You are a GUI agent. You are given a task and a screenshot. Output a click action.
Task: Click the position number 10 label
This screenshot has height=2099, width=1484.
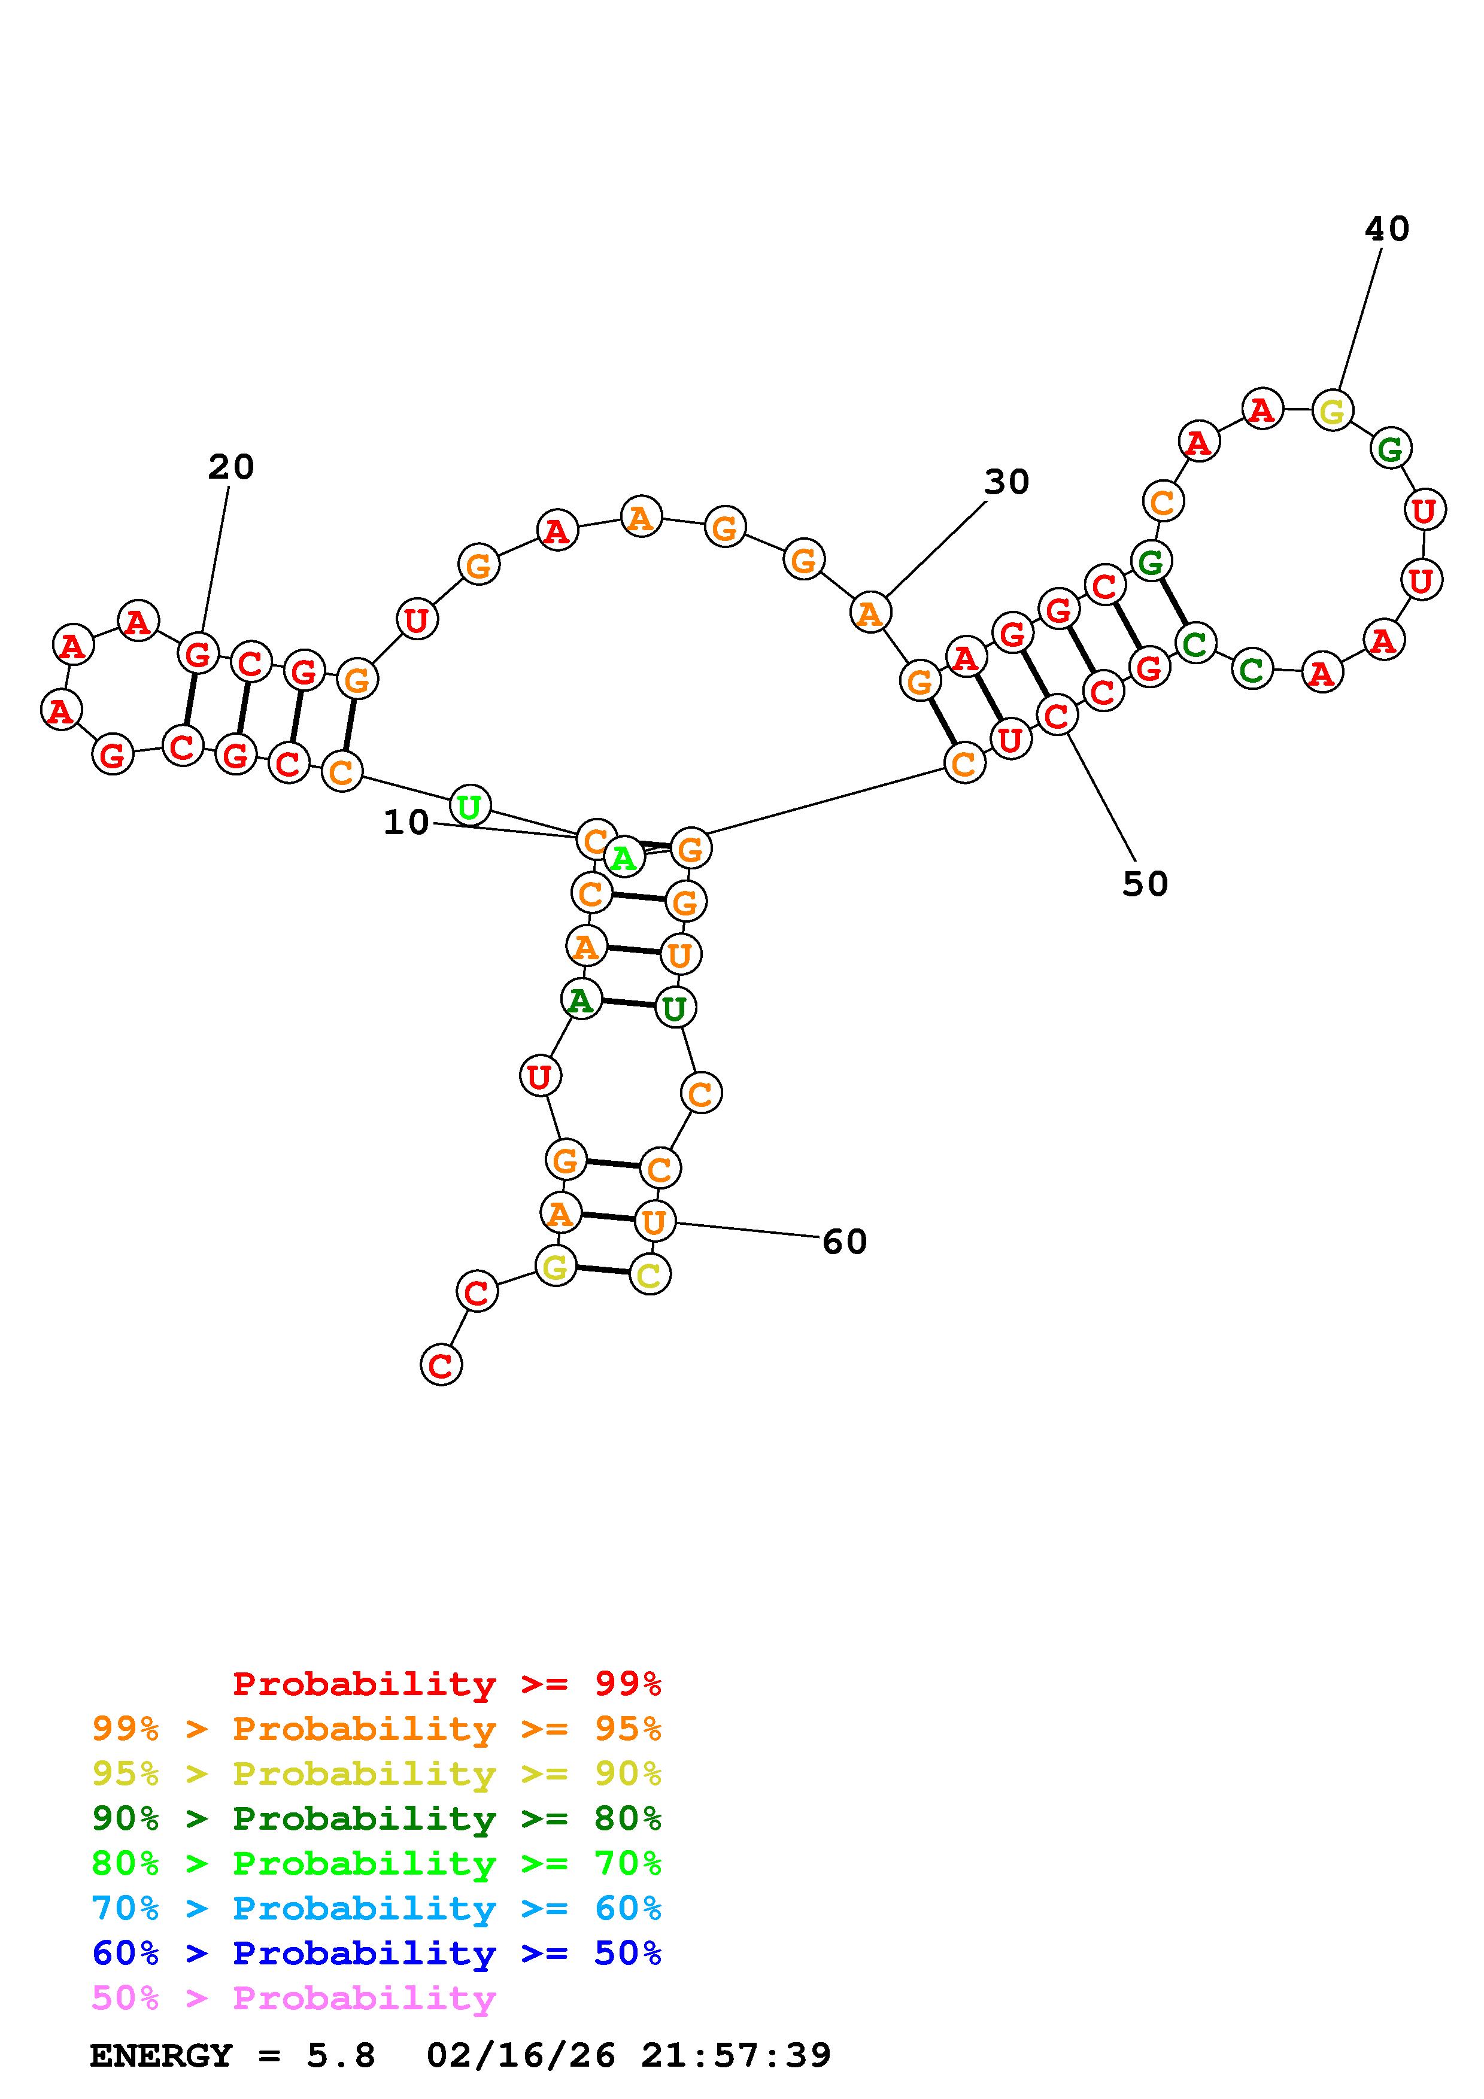pos(406,823)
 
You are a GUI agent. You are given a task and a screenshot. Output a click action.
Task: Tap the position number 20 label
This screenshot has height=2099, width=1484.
pos(230,467)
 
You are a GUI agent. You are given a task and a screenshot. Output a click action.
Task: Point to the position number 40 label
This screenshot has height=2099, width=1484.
pos(1386,229)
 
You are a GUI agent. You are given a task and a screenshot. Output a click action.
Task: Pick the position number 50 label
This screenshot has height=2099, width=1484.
pos(1145,883)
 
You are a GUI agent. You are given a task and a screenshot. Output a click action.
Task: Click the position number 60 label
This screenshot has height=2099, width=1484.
pos(844,1242)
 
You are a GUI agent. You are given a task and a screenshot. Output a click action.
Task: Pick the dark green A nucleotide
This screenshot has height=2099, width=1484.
pos(581,1000)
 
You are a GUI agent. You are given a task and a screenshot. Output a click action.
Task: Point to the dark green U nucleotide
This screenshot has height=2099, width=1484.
pos(675,1008)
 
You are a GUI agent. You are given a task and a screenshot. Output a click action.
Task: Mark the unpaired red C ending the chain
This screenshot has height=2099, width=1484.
pos(441,1366)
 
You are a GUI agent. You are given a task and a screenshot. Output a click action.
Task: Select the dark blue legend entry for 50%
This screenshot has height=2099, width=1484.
pos(377,1953)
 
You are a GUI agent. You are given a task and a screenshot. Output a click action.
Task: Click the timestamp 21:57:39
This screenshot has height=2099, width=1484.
pos(736,2055)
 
